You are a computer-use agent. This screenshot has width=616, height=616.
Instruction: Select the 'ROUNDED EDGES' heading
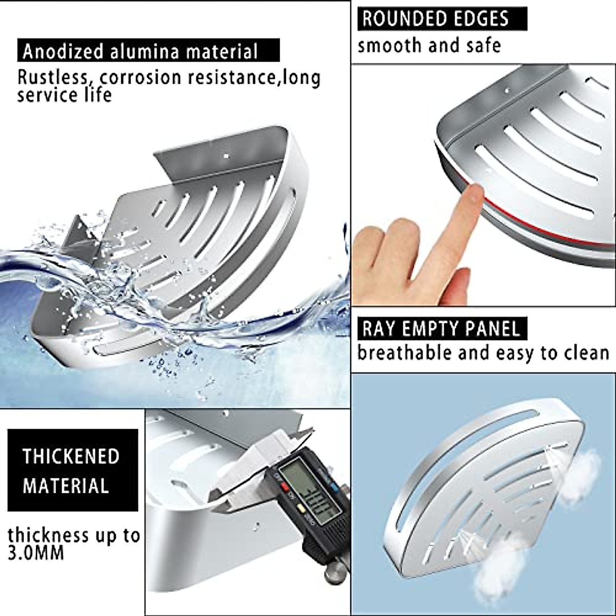435,19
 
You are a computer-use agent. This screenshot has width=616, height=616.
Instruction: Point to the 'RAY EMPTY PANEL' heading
441,329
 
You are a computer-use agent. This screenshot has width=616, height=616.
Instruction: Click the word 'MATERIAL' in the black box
66,486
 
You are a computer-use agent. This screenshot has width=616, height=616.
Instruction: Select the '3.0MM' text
36,553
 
